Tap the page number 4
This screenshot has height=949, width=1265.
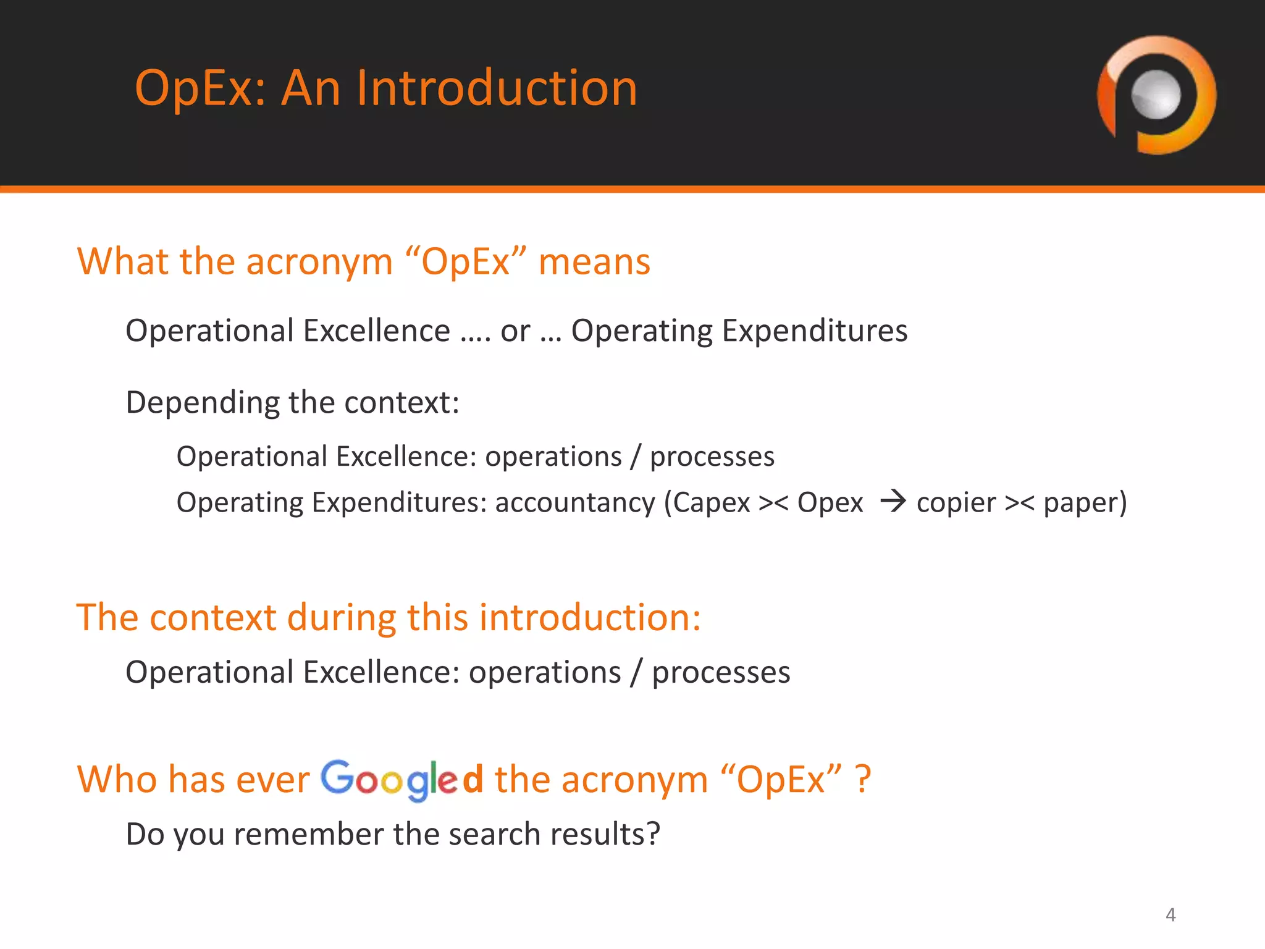coord(1170,914)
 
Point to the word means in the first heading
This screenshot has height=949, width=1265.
coord(594,262)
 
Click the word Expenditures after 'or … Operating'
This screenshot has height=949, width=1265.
coord(815,331)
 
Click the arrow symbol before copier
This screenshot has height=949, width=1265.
coord(893,501)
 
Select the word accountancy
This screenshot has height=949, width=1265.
coord(574,503)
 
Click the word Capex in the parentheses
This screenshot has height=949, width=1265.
coord(710,503)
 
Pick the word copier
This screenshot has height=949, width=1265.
coord(956,503)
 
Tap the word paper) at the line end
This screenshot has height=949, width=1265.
coord(1085,503)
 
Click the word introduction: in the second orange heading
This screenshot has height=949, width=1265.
coord(590,617)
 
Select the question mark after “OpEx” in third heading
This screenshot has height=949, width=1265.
coord(863,780)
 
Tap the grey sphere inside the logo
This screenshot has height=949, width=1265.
coord(1156,95)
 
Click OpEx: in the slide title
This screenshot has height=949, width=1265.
coord(200,88)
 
